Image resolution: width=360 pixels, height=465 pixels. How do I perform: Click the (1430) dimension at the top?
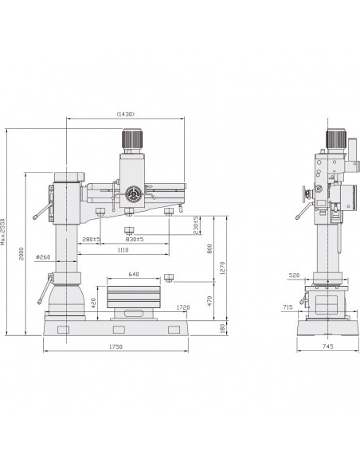click(x=126, y=114)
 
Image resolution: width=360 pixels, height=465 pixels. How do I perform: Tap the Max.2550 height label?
click(x=3, y=232)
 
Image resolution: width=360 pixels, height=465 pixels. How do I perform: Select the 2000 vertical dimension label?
click(x=21, y=253)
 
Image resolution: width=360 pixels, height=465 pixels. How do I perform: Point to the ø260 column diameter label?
click(x=43, y=257)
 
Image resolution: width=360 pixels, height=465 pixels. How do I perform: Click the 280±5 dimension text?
click(x=92, y=239)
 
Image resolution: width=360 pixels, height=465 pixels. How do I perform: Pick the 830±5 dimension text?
click(x=135, y=239)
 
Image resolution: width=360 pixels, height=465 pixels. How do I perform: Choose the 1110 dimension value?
click(x=123, y=250)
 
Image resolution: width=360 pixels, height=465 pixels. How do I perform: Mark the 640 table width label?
click(x=134, y=275)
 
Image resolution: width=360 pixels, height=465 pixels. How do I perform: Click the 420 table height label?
click(x=93, y=303)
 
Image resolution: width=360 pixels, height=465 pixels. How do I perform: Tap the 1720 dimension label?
click(x=183, y=307)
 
